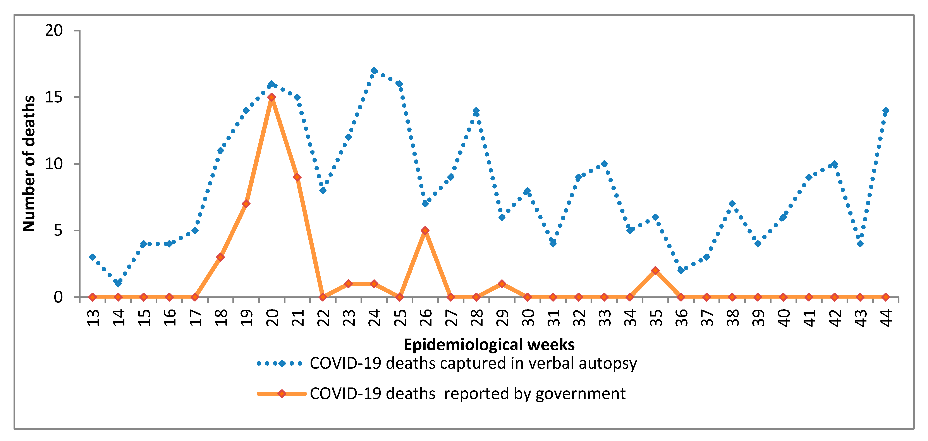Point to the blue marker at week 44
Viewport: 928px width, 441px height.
885,111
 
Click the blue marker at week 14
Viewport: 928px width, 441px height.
118,284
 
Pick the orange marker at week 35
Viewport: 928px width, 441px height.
655,270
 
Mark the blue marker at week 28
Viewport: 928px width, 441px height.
476,111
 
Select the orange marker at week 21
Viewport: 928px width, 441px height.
297,177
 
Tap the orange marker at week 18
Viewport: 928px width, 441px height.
220,257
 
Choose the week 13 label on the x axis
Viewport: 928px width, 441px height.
93,318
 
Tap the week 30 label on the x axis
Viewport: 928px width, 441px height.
528,318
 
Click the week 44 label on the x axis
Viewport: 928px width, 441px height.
886,318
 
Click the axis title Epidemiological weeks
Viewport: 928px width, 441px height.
489,345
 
